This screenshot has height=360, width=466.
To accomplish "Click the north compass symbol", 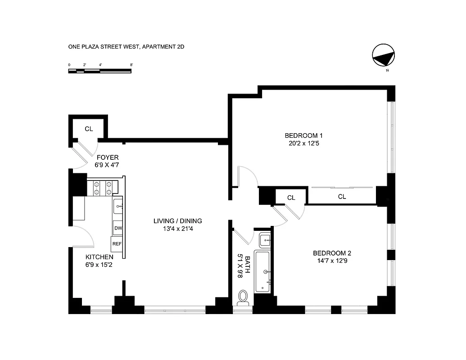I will click(383, 56).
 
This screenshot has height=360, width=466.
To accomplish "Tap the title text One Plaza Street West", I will click(126, 46).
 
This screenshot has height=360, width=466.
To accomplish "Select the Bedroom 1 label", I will click(303, 135).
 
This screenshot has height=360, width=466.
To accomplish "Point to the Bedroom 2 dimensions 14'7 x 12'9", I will click(330, 261).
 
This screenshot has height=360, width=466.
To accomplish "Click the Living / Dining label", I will click(177, 221).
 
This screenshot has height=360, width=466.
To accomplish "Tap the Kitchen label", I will click(100, 257).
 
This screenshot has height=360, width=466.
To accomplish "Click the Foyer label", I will click(108, 157).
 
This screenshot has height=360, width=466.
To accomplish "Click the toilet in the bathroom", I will click(243, 297).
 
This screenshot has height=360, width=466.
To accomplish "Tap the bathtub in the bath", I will click(262, 272).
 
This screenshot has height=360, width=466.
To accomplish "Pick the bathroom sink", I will click(265, 239).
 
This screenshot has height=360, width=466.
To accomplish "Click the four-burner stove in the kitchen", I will click(102, 188).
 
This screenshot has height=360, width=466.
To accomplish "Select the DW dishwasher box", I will click(118, 228).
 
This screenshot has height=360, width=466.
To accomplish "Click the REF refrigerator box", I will click(117, 244).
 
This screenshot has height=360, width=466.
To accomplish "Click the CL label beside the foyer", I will click(89, 129).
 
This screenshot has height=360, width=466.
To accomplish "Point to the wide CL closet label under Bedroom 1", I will click(342, 197).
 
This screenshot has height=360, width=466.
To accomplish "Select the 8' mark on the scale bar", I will click(131, 65).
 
